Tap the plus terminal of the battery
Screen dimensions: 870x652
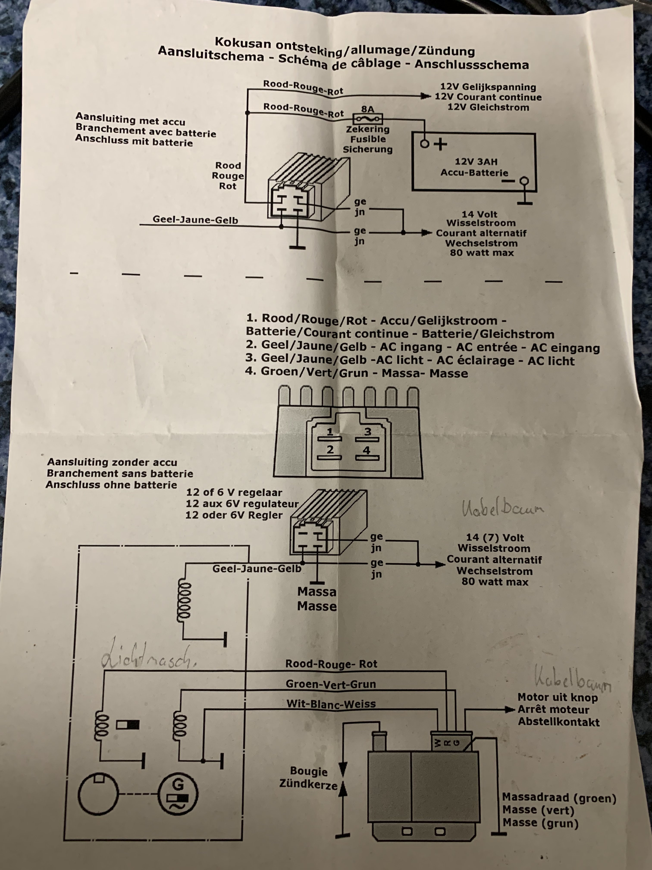click(x=425, y=144)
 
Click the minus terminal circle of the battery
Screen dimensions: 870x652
click(x=524, y=181)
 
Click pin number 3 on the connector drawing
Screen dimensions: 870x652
click(x=367, y=432)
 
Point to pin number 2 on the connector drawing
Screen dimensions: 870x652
click(x=330, y=449)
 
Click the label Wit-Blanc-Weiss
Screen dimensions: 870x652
click(x=331, y=704)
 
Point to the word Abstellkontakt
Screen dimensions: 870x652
click(x=558, y=722)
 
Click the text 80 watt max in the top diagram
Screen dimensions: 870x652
click(x=482, y=253)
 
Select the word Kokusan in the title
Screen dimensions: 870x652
click(x=243, y=42)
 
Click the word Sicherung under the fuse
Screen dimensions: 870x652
click(x=367, y=150)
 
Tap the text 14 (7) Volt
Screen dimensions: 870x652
click(x=495, y=538)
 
